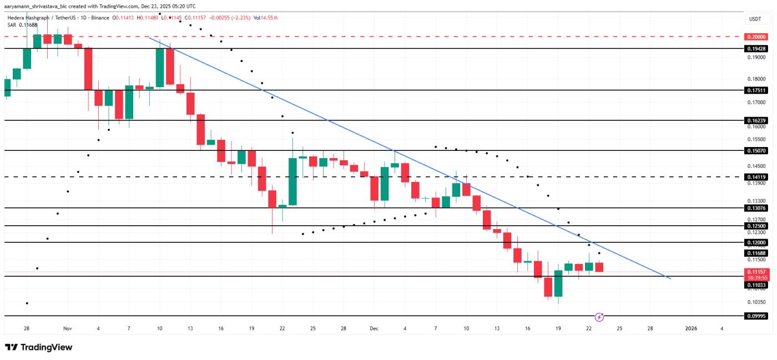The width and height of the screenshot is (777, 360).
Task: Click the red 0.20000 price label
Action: click(x=755, y=37)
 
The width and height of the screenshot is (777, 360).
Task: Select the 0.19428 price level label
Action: click(x=755, y=49)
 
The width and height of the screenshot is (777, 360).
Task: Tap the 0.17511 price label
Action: click(x=755, y=90)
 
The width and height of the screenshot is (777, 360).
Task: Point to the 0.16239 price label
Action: click(x=755, y=120)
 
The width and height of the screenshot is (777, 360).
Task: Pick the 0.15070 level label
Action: click(x=755, y=150)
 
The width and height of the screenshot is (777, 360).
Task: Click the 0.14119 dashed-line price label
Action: click(x=755, y=177)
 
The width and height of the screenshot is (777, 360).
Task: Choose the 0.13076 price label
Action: click(x=755, y=208)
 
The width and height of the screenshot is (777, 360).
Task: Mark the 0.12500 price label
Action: click(x=755, y=226)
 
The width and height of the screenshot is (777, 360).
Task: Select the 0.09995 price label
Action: click(x=755, y=316)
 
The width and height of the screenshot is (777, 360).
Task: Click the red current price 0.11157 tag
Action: click(x=755, y=272)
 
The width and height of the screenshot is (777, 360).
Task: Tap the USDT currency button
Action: click(x=755, y=19)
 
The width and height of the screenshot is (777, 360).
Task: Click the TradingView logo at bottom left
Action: click(x=39, y=347)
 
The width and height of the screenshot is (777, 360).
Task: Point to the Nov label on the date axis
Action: click(x=68, y=328)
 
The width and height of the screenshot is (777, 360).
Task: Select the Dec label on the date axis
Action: click(x=374, y=328)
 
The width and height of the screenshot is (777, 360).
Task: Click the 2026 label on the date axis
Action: click(x=691, y=328)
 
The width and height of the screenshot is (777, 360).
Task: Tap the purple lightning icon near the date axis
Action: click(x=599, y=317)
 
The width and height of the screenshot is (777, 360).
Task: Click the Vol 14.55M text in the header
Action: click(x=265, y=18)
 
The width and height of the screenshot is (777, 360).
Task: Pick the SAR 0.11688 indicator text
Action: click(x=23, y=25)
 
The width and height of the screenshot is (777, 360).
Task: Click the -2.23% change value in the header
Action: click(x=241, y=18)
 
